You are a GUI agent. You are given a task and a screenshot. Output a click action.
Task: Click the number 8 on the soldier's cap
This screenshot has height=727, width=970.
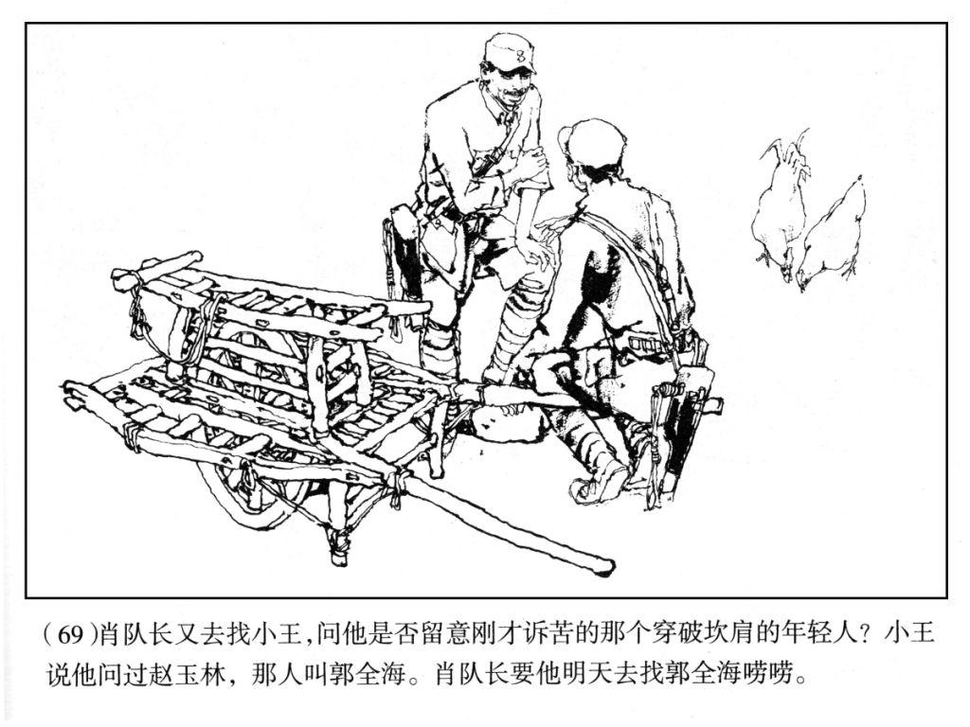(520, 56)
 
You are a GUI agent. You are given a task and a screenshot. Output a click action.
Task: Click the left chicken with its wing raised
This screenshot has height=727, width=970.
(781, 204)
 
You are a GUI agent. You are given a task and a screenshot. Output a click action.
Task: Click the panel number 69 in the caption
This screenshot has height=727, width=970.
(72, 634)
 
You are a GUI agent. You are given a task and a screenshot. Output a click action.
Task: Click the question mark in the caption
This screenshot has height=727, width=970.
(866, 634)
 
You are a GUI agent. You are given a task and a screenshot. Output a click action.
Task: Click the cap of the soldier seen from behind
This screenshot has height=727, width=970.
(587, 142)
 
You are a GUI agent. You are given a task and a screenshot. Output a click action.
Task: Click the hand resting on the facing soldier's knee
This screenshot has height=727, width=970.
(538, 254)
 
